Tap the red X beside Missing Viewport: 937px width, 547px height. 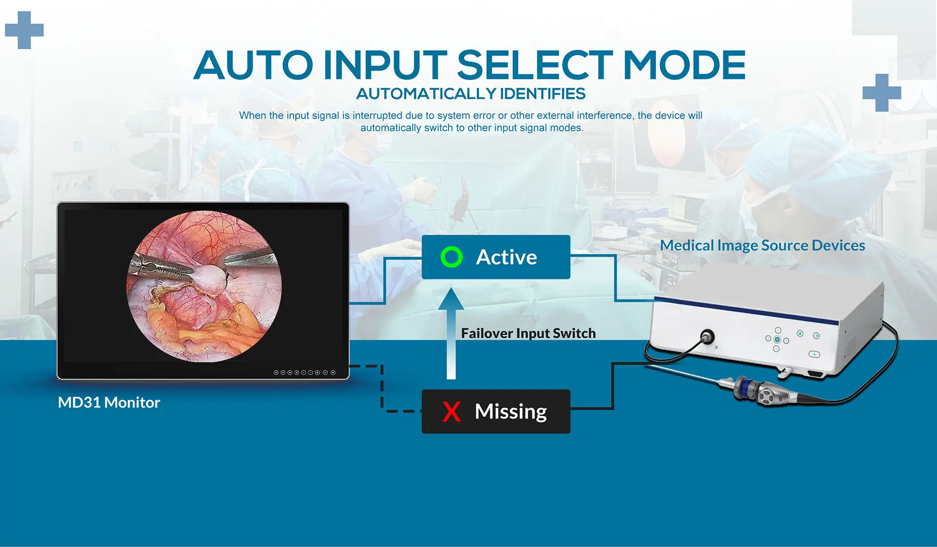tap(451, 411)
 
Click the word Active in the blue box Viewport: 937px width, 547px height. tap(506, 257)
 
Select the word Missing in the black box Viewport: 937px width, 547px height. tap(510, 412)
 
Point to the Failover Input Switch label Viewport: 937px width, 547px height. tap(529, 333)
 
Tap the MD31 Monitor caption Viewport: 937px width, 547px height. tap(109, 403)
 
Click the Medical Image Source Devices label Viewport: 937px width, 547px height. tap(762, 245)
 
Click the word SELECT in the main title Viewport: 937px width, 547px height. tap(534, 65)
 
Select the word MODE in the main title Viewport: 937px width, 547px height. tap(685, 65)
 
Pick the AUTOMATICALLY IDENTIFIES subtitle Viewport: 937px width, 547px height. tap(470, 94)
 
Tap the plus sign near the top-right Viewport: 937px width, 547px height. tap(882, 93)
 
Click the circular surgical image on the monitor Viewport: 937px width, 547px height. tap(204, 286)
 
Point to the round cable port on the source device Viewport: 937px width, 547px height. tap(707, 336)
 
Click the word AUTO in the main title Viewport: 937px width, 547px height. tap(253, 65)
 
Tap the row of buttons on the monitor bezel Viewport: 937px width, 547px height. tap(305, 372)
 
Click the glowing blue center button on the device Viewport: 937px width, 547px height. tap(777, 340)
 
